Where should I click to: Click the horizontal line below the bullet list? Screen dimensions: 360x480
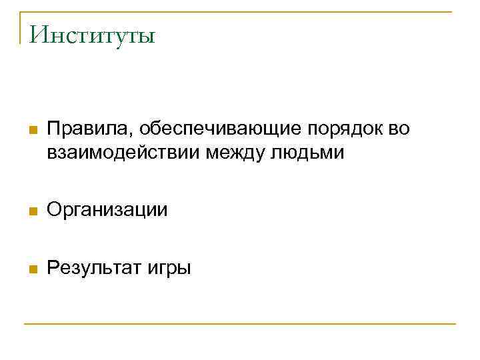click(240, 324)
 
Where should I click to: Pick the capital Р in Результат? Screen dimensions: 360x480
click(53, 269)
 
